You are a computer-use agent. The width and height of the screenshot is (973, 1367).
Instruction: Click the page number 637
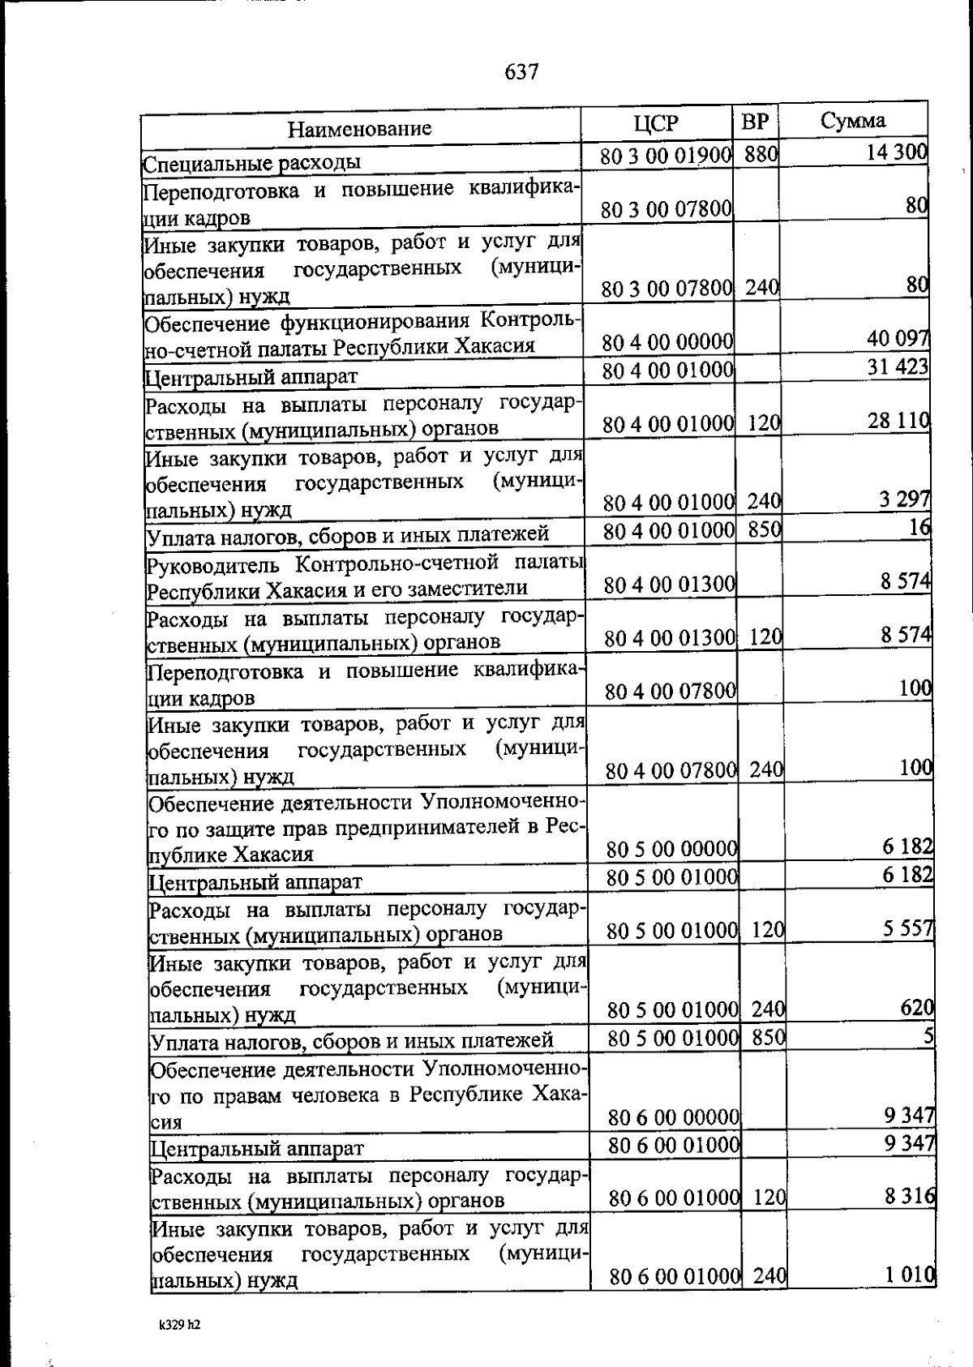click(521, 72)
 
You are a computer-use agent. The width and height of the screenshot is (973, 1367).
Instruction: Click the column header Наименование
click(360, 128)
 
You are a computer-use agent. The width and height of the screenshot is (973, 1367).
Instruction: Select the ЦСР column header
click(656, 123)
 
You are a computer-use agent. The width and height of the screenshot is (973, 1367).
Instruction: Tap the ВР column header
click(755, 122)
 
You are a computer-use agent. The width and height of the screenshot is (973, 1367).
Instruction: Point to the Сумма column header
click(852, 121)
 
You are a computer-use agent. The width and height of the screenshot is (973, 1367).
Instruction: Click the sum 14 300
click(896, 152)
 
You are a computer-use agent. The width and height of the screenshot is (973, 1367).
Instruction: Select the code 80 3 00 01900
click(667, 156)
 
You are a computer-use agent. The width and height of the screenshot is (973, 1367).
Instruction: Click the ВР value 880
click(761, 154)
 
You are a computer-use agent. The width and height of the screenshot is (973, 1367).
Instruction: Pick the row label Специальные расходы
click(252, 163)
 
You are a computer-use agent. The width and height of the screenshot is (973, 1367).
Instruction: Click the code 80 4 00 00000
click(668, 342)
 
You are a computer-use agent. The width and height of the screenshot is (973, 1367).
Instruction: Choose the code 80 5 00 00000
click(671, 849)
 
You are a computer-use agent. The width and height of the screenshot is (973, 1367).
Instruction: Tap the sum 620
click(917, 1007)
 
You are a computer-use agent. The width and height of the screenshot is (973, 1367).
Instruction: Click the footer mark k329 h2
click(179, 1325)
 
